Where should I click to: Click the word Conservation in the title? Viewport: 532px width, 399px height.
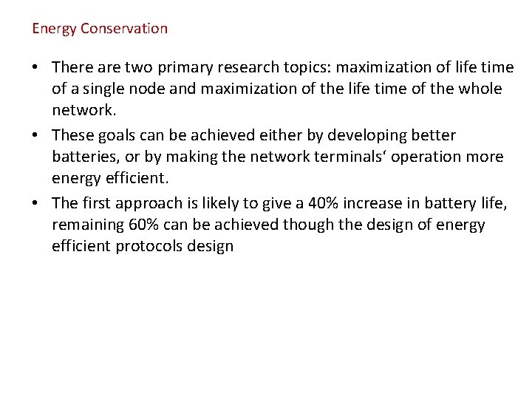point(124,29)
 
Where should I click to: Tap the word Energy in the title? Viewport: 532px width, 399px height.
point(55,29)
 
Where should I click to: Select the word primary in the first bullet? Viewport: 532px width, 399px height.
point(180,68)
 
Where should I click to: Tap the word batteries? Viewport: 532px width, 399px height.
point(83,157)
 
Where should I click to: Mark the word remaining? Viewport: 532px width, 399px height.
point(84,225)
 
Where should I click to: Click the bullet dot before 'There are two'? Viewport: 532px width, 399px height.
point(36,68)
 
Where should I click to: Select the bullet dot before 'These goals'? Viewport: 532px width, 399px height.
point(36,135)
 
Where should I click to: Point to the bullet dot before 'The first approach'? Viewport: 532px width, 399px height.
point(36,202)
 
